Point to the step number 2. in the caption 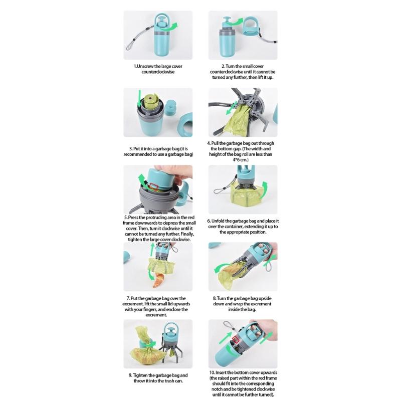click(224, 66)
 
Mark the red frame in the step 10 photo click(237, 342)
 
